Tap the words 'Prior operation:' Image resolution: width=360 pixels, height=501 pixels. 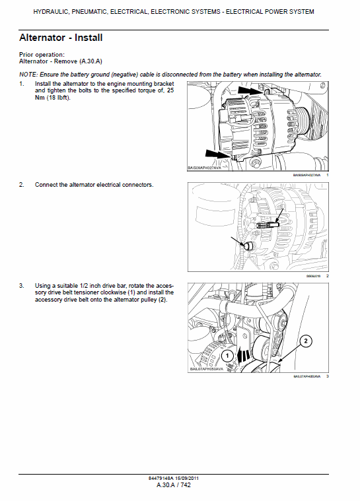[42, 54]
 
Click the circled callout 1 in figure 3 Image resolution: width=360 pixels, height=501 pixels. [226, 355]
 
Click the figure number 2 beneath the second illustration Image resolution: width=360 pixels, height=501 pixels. [327, 275]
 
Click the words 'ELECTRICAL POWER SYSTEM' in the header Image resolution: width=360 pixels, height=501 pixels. [270, 12]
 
